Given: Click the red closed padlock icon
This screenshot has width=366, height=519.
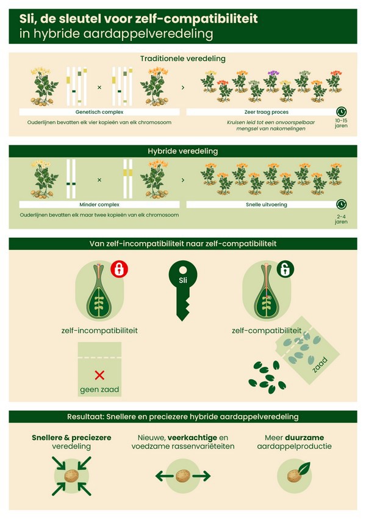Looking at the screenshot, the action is tap(119, 269).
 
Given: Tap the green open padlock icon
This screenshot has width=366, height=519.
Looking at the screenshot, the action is tap(285, 269).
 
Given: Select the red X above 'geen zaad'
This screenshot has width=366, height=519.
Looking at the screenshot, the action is tap(99, 375).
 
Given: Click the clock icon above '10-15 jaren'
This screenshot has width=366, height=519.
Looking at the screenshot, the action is tap(341, 112).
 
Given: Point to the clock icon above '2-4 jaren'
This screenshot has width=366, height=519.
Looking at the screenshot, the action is tap(341, 205).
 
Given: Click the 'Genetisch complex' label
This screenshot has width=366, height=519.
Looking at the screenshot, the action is tap(99, 112).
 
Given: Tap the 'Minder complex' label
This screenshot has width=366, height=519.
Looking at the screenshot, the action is tap(99, 205).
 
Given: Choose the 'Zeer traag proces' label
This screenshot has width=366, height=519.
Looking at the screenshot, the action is tap(266, 112).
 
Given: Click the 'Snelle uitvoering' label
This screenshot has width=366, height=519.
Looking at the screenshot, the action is tap(266, 205).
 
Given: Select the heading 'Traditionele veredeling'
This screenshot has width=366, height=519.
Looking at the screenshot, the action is tap(182, 59).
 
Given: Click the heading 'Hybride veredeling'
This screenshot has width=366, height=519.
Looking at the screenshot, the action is tap(182, 151).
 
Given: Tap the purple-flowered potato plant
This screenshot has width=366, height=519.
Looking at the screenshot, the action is tap(272, 81).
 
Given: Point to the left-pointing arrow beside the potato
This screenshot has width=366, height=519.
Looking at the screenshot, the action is tap(164, 476).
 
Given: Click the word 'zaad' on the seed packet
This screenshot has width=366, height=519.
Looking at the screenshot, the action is tap(320, 364).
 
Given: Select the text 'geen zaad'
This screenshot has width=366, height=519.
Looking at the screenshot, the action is tap(99, 389).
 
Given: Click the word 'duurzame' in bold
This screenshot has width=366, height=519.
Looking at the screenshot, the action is tap(304, 438).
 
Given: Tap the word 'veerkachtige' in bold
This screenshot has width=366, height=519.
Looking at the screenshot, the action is tap(192, 438).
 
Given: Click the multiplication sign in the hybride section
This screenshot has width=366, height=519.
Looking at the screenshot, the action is tap(99, 180).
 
